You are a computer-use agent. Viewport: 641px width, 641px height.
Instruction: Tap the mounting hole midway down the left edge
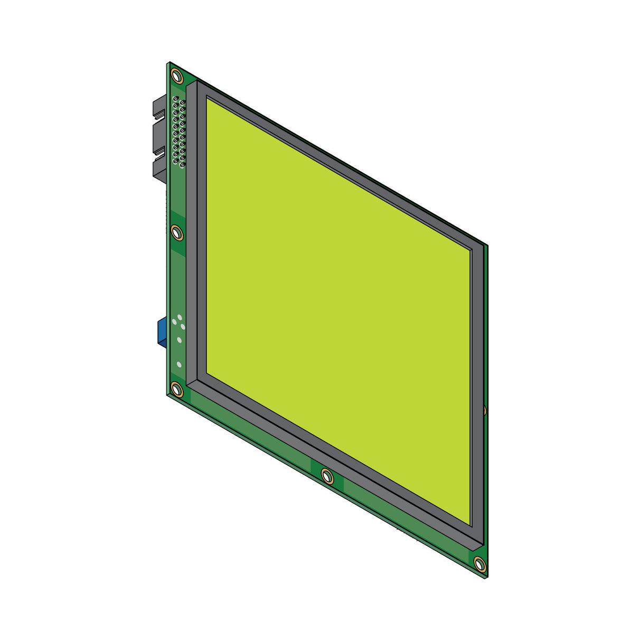tap(176, 232)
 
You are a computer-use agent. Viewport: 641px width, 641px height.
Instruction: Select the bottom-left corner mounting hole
tap(176, 390)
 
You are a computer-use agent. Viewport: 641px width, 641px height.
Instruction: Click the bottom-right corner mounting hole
tap(479, 564)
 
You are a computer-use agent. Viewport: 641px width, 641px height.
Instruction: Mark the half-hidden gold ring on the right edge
tap(484, 409)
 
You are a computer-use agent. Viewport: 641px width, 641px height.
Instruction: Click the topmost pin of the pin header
tap(176, 99)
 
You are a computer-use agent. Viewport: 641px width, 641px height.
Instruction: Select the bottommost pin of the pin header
tap(182, 166)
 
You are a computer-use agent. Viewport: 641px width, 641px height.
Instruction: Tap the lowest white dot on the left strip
tap(180, 364)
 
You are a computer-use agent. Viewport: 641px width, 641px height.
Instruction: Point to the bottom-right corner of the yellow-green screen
tap(470, 525)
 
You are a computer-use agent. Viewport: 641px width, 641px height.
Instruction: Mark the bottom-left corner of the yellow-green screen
tap(206, 373)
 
